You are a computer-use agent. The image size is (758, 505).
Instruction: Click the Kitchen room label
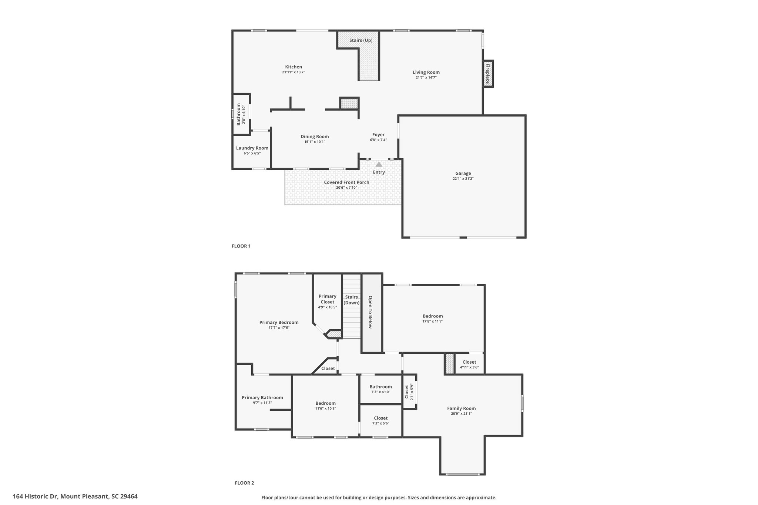(294, 67)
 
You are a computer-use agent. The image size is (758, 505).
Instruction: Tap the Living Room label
(426, 72)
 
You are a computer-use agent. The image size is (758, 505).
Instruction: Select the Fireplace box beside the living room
(488, 74)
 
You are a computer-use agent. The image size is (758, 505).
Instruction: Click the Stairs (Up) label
(361, 40)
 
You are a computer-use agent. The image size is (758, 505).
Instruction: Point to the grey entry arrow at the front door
(379, 164)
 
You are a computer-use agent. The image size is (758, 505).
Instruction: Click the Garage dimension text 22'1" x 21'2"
(463, 179)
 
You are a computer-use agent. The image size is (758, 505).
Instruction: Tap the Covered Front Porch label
(346, 182)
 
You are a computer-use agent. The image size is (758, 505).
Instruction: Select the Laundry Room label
(252, 148)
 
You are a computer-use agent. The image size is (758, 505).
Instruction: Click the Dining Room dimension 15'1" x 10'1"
(315, 142)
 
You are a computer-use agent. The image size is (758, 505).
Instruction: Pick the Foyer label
(378, 135)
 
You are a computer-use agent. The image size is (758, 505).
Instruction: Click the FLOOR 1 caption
(241, 246)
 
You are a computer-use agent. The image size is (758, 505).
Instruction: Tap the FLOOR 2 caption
(244, 483)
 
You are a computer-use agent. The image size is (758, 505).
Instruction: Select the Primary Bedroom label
(279, 322)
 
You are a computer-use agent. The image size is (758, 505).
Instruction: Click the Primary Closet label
(328, 299)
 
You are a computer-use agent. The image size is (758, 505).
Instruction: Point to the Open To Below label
(370, 312)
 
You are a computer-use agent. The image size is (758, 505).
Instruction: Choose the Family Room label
(461, 408)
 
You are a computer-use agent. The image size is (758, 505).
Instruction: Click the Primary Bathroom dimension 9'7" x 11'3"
(262, 403)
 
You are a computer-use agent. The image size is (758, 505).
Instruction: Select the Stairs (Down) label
(352, 300)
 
